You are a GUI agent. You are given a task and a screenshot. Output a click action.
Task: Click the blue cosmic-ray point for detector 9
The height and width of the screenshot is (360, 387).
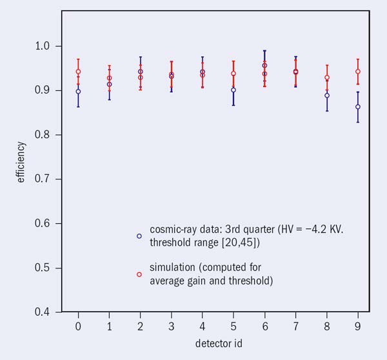(358, 106)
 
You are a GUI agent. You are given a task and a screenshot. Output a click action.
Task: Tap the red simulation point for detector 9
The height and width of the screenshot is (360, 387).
(358, 72)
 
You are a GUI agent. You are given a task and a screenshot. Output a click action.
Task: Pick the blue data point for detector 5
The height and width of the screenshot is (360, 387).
(233, 90)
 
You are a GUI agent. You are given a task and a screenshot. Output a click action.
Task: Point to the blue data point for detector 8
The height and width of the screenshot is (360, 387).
(327, 95)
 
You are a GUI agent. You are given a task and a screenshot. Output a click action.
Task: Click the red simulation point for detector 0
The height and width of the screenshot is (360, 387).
(78, 72)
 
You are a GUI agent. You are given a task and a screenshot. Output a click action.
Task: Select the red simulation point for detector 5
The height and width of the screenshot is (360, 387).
(233, 74)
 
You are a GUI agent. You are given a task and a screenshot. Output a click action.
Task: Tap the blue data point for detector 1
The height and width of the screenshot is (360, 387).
(109, 84)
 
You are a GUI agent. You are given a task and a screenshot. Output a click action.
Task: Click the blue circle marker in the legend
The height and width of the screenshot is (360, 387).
(139, 236)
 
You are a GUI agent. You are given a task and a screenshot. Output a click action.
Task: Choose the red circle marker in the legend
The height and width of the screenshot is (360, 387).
(139, 274)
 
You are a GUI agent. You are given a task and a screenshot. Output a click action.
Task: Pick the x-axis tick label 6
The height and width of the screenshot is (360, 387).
(264, 328)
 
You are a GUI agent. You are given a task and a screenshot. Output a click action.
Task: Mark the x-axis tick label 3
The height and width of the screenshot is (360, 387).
(172, 328)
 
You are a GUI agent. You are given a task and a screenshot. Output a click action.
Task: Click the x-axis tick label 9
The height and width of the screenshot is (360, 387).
(358, 328)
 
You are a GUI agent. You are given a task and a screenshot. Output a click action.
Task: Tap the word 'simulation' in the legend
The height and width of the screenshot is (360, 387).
(170, 267)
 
